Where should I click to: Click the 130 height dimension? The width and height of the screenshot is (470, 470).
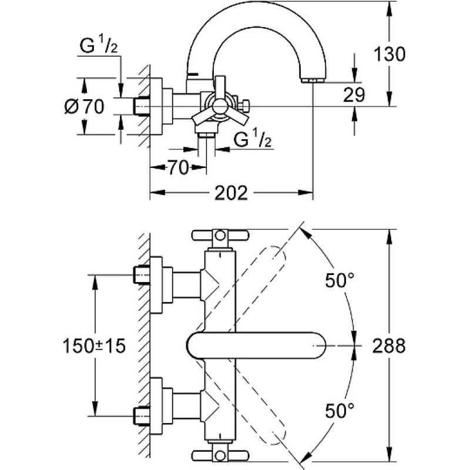click(390, 55)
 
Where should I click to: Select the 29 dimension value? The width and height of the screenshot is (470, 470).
click(354, 95)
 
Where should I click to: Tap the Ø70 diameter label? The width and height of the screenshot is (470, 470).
click(85, 106)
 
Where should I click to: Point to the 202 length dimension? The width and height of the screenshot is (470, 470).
click(231, 193)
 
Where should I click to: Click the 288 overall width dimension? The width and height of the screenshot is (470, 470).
click(389, 345)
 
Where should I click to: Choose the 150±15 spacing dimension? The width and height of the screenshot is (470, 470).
click(94, 346)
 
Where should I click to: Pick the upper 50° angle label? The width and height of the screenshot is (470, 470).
click(340, 281)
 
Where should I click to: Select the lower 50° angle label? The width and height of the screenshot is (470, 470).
click(340, 411)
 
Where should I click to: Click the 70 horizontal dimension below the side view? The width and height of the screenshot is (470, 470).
click(178, 167)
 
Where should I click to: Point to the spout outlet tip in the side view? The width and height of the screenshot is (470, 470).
click(313, 80)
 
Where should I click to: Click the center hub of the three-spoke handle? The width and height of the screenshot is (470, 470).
click(220, 106)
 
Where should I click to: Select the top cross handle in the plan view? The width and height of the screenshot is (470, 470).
click(220, 236)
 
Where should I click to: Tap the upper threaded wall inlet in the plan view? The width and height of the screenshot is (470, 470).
click(142, 274)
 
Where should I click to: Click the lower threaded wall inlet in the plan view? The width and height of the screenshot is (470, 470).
click(142, 416)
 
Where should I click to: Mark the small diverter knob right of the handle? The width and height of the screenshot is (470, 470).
click(244, 106)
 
